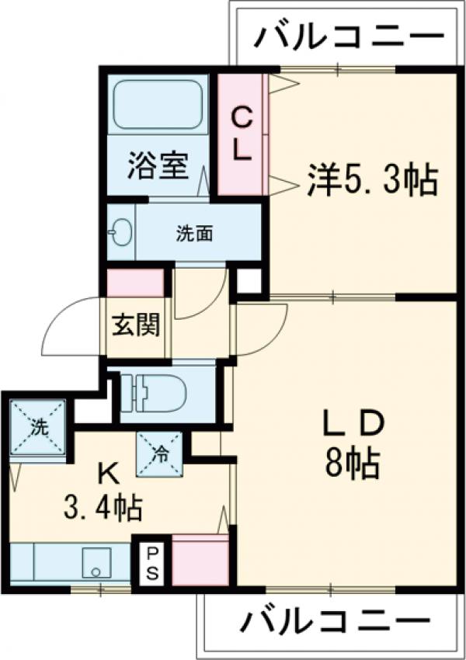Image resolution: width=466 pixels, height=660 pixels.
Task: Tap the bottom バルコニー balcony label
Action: [x=334, y=620]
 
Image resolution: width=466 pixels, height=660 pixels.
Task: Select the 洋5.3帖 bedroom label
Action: [x=372, y=179]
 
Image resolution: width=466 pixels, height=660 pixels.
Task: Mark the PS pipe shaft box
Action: [x=151, y=563]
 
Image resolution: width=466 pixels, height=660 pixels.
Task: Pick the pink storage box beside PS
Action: [x=200, y=559]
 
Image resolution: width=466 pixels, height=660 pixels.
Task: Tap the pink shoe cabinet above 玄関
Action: [x=135, y=283]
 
